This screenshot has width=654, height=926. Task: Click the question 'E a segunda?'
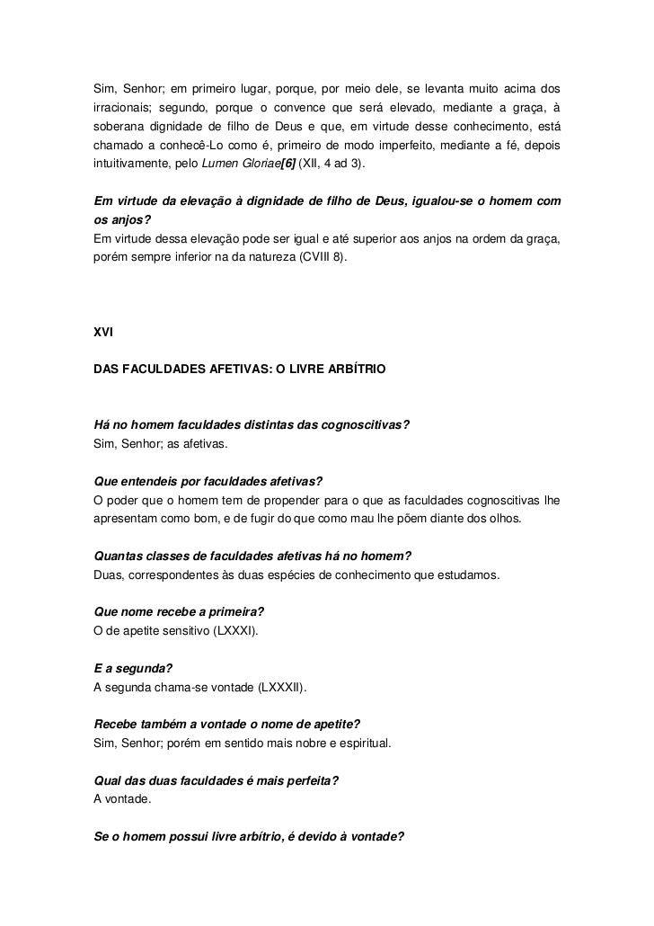(133, 669)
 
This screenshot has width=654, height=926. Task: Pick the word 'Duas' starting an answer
(108, 575)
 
